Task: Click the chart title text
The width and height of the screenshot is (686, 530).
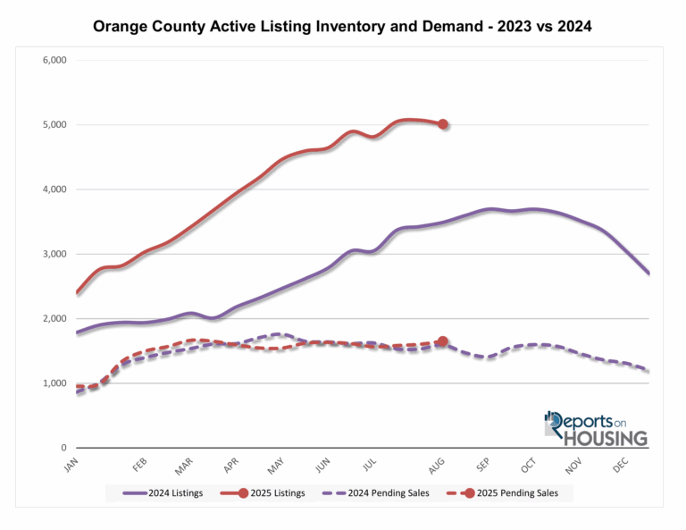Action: coord(342,28)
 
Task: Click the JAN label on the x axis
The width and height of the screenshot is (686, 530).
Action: coord(71,467)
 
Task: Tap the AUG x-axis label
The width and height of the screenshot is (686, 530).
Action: coord(436,467)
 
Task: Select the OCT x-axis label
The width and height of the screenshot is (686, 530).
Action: coord(527,467)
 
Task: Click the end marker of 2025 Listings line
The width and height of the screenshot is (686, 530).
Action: coord(443,124)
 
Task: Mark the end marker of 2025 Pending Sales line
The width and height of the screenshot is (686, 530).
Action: coord(443,341)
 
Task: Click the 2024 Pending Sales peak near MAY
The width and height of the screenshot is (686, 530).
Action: coord(279,334)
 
